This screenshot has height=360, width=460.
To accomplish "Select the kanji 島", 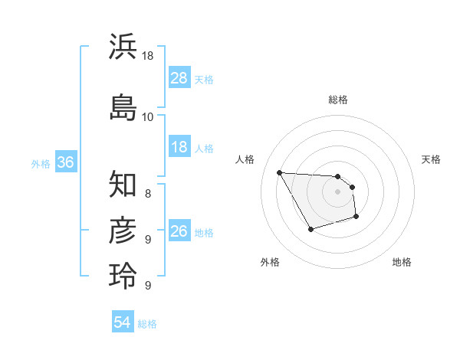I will click(x=123, y=106).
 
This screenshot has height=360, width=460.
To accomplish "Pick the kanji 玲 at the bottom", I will click(x=123, y=276).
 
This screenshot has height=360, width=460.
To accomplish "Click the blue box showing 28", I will click(x=179, y=78).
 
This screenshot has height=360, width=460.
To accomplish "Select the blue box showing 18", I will click(x=179, y=147).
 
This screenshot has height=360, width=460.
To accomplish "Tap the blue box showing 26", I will click(x=179, y=231).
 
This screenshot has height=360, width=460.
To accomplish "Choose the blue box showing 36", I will click(x=65, y=162).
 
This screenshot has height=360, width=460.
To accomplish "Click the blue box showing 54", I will click(x=123, y=322).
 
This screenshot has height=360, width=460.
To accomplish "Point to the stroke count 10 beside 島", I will click(x=147, y=116).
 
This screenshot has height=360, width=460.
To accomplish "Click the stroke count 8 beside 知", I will click(x=147, y=194).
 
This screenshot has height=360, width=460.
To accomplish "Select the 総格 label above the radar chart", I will click(x=337, y=100).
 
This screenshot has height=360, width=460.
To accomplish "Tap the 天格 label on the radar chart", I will click(x=431, y=159).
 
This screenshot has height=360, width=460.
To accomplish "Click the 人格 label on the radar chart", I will click(x=245, y=159).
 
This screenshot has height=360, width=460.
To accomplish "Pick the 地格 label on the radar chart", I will click(x=402, y=262).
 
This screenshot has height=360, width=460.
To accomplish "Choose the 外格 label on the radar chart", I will click(x=270, y=262).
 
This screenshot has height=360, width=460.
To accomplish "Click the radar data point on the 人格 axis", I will click(x=279, y=172).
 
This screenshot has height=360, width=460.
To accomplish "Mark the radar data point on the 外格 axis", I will click(x=310, y=229).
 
